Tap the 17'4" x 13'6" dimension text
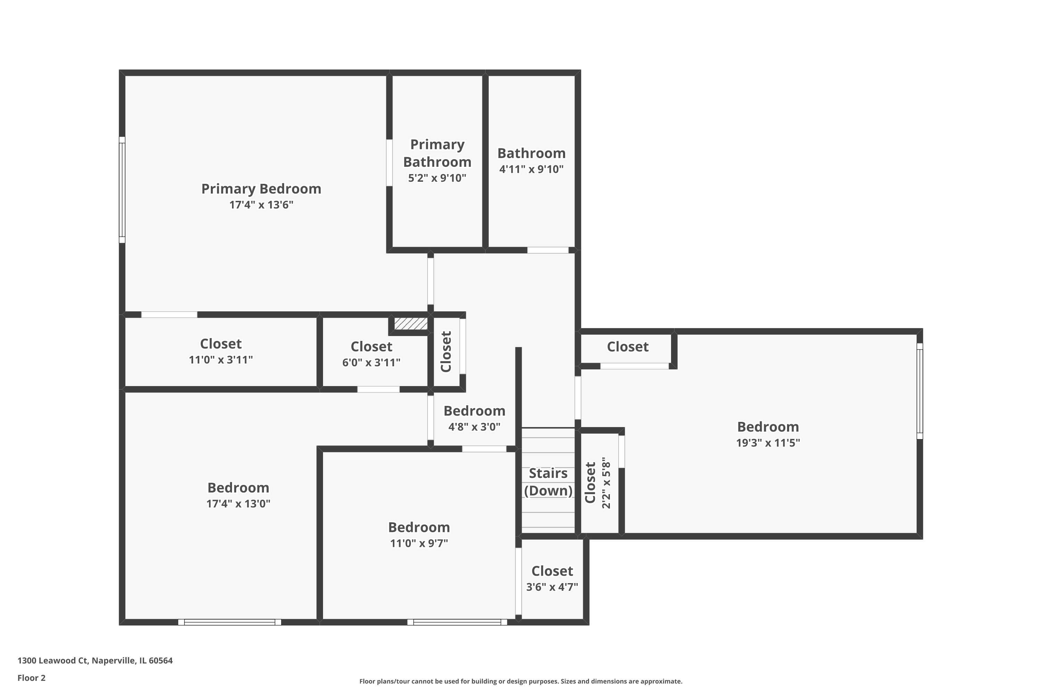pyautogui.click(x=262, y=205)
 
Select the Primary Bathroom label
pyautogui.click(x=437, y=153)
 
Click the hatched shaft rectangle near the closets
pyautogui.click(x=411, y=324)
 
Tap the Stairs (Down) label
pyautogui.click(x=548, y=482)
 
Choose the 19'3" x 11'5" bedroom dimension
pyautogui.click(x=768, y=443)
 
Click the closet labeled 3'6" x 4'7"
pyautogui.click(x=552, y=579)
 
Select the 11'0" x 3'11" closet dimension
pyautogui.click(x=221, y=359)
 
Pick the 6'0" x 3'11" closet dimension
pyautogui.click(x=371, y=362)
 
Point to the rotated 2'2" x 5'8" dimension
pyautogui.click(x=606, y=485)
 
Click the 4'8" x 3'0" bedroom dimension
pyautogui.click(x=474, y=427)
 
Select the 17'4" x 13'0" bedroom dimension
pyautogui.click(x=238, y=504)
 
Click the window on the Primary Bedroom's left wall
pyautogui.click(x=122, y=190)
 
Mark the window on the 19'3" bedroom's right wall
pyautogui.click(x=919, y=391)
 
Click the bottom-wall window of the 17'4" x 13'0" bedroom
pyautogui.click(x=230, y=622)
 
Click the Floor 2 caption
pyautogui.click(x=32, y=678)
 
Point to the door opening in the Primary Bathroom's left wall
pyautogui.click(x=389, y=163)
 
